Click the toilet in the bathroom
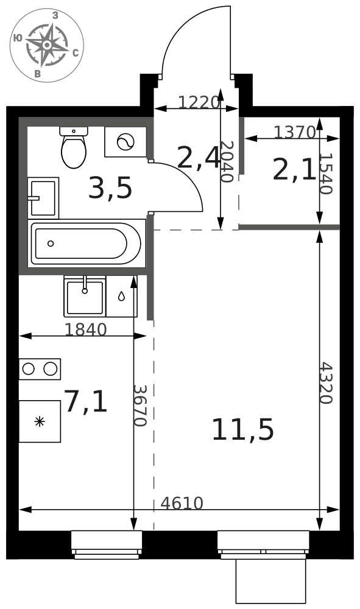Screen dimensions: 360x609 (x=73, y=147)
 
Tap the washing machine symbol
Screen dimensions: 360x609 (x=125, y=142)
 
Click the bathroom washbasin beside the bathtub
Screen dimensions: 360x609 (x=43, y=198)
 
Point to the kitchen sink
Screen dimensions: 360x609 (x=85, y=297)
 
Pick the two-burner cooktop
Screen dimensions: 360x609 (x=40, y=369)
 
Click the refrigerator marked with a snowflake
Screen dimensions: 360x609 (x=40, y=421)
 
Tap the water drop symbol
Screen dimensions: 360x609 (x=122, y=297)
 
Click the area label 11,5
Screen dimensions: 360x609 (x=242, y=429)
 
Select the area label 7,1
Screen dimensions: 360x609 (x=85, y=401)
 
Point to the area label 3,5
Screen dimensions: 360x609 (x=110, y=188)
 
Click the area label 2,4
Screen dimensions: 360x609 (x=198, y=158)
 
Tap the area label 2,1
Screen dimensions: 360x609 (x=294, y=170)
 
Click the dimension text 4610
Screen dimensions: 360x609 (x=182, y=504)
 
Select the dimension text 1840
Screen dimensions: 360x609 (x=85, y=329)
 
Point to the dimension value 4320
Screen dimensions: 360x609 (x=326, y=383)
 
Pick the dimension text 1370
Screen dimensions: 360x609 (x=295, y=132)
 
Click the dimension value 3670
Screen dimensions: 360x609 (x=140, y=406)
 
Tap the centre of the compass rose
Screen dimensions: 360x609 (x=47, y=45)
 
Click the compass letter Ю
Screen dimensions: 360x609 (x=18, y=38)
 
